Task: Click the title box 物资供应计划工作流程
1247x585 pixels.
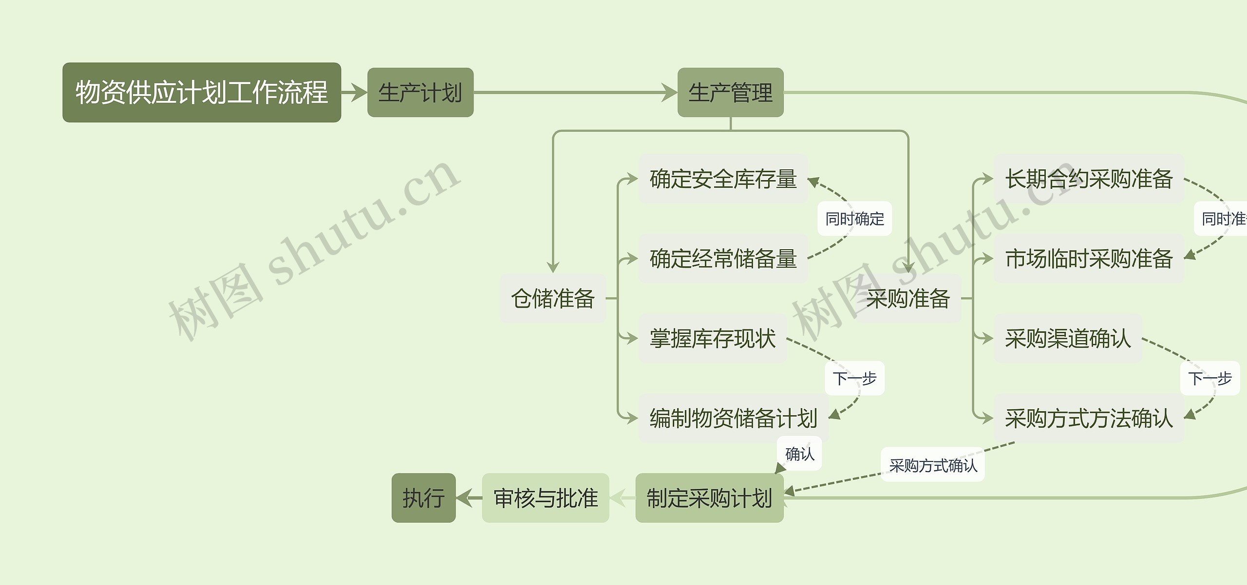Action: tap(202, 92)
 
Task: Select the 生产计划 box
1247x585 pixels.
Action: tap(420, 92)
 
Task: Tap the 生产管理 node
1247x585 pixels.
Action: tap(730, 92)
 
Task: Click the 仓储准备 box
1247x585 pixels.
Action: tap(553, 298)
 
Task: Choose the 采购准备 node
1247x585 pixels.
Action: tap(908, 298)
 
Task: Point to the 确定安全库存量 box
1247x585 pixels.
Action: tap(723, 179)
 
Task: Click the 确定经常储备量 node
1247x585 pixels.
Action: tap(723, 258)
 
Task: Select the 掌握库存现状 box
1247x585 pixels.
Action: tap(713, 338)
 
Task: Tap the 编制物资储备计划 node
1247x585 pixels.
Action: tap(733, 418)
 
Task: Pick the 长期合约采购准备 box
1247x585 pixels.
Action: tap(1089, 179)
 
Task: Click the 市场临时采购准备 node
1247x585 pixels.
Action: tap(1089, 258)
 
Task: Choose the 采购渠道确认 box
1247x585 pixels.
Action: tap(1068, 338)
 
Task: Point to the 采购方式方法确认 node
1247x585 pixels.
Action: tap(1089, 418)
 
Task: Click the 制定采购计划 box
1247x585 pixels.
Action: tap(709, 498)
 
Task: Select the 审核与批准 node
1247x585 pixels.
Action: tap(546, 498)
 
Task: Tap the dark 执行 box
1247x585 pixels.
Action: tap(423, 498)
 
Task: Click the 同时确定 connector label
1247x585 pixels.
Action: tap(854, 219)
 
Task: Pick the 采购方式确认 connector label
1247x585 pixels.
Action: tap(933, 465)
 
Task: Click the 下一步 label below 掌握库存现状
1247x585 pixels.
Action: tap(854, 378)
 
